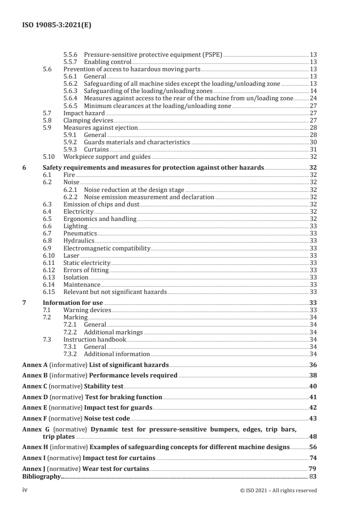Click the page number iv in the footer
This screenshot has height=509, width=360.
(25, 489)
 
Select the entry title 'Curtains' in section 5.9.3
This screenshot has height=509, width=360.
(96, 149)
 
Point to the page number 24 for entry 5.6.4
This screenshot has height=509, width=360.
(313, 98)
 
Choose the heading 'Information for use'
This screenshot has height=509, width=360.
(73, 303)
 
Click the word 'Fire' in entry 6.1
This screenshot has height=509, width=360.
(69, 174)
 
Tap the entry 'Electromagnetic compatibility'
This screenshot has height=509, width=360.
(107, 248)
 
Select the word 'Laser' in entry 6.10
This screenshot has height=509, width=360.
(71, 255)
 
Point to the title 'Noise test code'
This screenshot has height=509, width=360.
(107, 418)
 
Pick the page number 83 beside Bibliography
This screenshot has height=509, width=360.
(313, 476)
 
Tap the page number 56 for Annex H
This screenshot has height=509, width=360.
(313, 447)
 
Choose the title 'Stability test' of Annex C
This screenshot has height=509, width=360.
(104, 386)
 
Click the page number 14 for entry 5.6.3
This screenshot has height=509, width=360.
(313, 91)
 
